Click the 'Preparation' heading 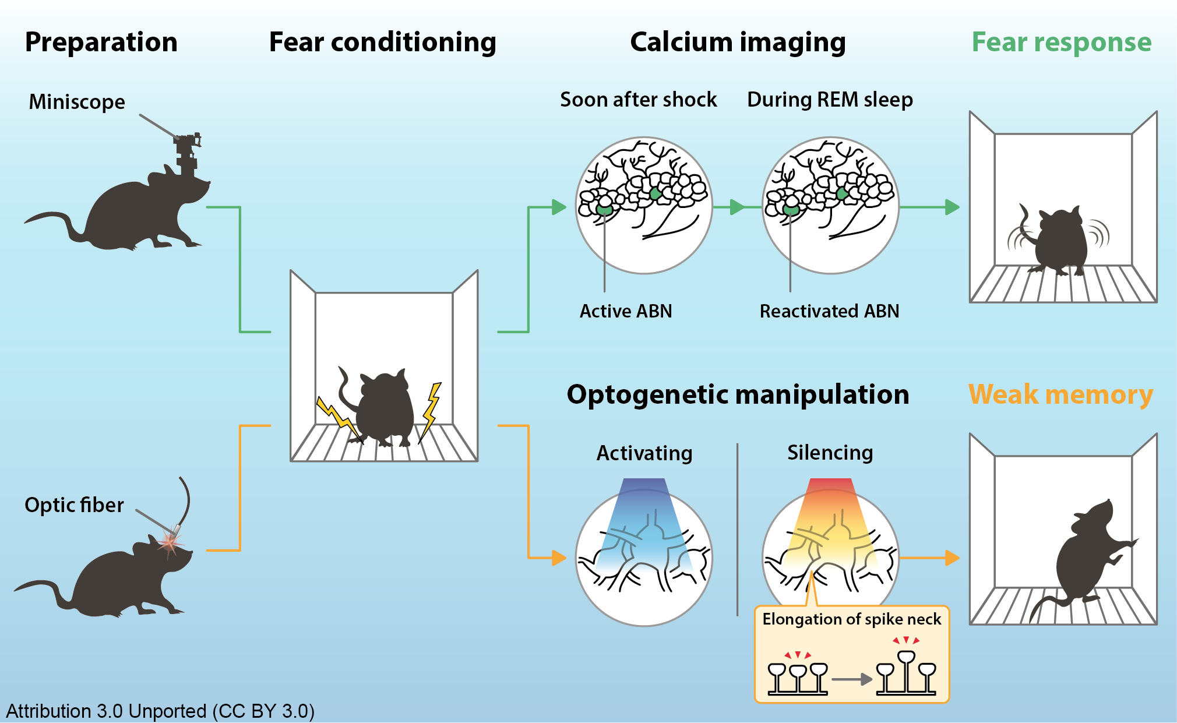[x=101, y=43]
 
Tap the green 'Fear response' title [x=1061, y=43]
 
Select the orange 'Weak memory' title [x=1060, y=394]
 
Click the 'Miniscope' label [x=77, y=102]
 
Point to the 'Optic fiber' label [x=74, y=505]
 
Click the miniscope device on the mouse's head [x=188, y=153]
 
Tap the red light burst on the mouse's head [x=170, y=542]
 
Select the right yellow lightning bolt [x=431, y=411]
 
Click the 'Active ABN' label [x=626, y=311]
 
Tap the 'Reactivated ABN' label [x=829, y=311]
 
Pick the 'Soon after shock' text [x=639, y=100]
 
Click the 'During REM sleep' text [x=830, y=100]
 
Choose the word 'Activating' [x=644, y=453]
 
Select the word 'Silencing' [x=830, y=453]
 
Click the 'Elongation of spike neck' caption [x=851, y=619]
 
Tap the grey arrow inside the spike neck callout [x=851, y=679]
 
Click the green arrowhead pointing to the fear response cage [x=952, y=207]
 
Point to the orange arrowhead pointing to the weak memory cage [x=952, y=558]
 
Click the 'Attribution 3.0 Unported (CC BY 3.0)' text [x=160, y=711]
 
